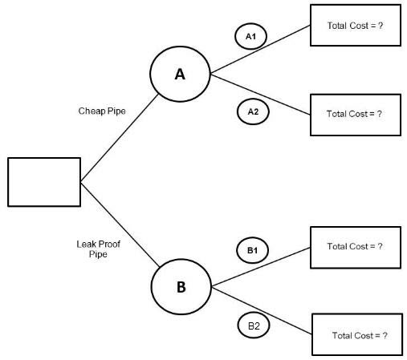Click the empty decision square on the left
44,182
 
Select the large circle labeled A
180,74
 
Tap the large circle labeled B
181,286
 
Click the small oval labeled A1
250,37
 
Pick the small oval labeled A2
253,111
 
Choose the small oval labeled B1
252,251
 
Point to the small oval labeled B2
254,326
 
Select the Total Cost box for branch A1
355,26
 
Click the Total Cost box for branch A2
355,114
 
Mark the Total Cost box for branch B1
355,247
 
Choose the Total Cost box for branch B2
356,334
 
